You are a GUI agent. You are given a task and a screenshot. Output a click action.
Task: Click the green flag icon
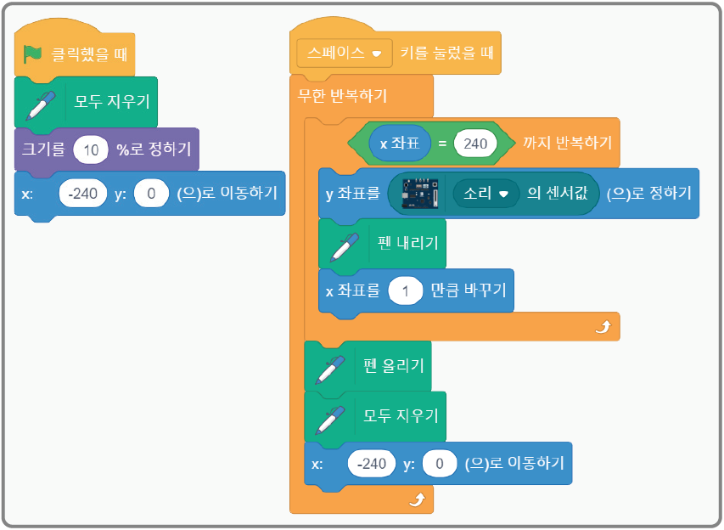(32, 55)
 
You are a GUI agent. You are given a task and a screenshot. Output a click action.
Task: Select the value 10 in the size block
(91, 149)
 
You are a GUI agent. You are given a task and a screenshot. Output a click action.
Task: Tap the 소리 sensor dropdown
(485, 193)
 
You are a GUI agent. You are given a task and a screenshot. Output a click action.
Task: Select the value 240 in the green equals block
(475, 144)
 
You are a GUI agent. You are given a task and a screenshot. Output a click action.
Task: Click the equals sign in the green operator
(442, 144)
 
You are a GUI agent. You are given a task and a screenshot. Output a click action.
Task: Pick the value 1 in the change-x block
(406, 290)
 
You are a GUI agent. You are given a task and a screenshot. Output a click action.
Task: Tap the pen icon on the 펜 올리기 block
(329, 367)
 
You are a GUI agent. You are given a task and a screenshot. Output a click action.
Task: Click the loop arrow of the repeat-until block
(603, 327)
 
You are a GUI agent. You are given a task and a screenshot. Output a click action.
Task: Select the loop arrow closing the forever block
(416, 501)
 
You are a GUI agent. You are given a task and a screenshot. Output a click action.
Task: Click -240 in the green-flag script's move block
(83, 194)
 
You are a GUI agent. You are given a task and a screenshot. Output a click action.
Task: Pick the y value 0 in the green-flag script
(152, 194)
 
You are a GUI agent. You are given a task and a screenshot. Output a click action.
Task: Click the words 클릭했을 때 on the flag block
(89, 55)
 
